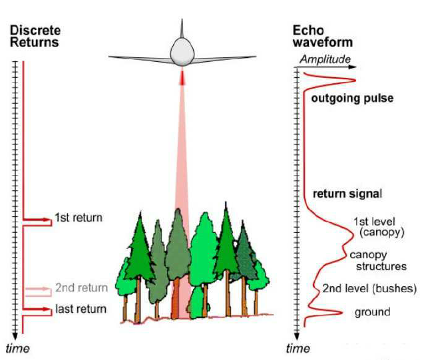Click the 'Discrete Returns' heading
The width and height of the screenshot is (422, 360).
(34, 36)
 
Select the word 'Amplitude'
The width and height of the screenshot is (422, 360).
(324, 59)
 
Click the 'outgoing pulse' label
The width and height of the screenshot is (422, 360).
(353, 98)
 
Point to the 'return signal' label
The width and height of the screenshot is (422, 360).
(347, 194)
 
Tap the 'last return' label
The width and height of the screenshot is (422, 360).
(82, 308)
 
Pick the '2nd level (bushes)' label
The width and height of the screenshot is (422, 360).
(369, 288)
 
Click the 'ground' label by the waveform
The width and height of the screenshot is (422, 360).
(372, 311)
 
